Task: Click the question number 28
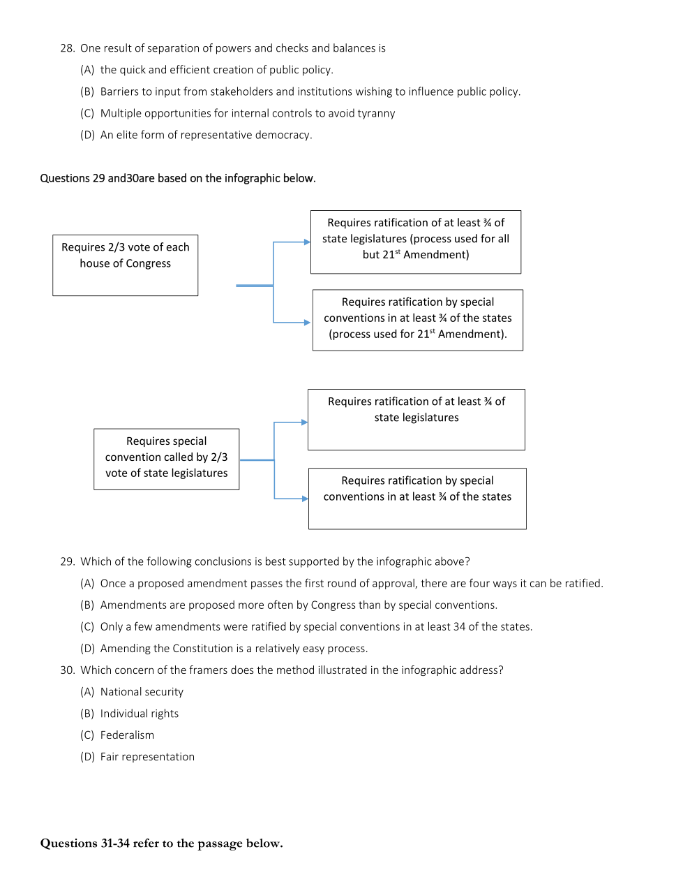[x=67, y=48]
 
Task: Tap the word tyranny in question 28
[x=376, y=113]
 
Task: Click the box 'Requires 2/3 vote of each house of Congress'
[x=126, y=265]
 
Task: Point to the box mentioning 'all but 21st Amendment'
[x=416, y=242]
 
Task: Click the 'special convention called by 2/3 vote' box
[x=167, y=459]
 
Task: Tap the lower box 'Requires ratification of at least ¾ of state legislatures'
[x=416, y=419]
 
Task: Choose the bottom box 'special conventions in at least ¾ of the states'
[x=417, y=498]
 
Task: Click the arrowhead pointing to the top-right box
[x=307, y=242]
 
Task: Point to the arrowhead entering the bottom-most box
[x=305, y=499]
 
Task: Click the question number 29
[x=67, y=561]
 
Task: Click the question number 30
[x=67, y=670]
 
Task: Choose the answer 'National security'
[x=142, y=691]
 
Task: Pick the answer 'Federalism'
[x=127, y=735]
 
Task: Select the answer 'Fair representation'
[x=147, y=756]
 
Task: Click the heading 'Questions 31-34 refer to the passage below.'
[x=161, y=843]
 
